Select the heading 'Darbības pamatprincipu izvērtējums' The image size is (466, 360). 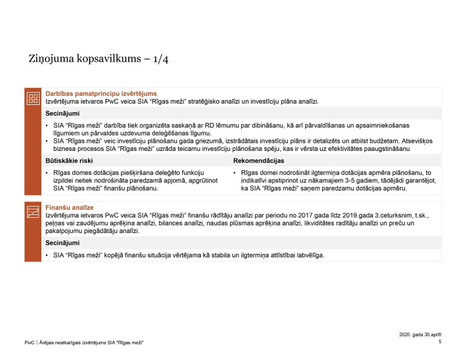101,93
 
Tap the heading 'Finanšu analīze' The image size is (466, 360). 69,207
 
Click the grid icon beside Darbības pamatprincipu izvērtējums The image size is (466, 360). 33,98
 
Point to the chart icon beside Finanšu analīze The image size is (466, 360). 33,213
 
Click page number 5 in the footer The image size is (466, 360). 440,342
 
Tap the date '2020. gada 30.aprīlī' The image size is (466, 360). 420,334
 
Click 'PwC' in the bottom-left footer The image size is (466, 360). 29,343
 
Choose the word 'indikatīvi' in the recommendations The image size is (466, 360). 255,181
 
